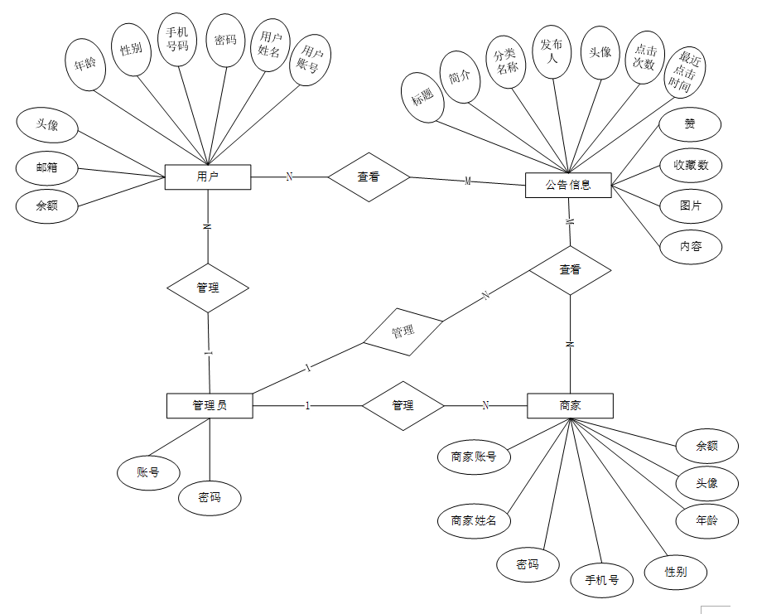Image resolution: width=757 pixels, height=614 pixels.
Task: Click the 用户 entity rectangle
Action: (x=207, y=176)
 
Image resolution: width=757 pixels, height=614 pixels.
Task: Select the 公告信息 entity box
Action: (x=568, y=185)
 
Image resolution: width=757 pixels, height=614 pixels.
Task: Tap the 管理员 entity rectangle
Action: (x=210, y=405)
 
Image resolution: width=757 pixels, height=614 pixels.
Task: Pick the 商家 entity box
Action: (x=570, y=405)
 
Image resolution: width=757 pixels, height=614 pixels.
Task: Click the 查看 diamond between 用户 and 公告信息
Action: (x=369, y=176)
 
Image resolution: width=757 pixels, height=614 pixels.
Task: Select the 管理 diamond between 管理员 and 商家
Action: (x=403, y=405)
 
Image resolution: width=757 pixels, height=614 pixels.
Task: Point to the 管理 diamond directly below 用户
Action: (x=208, y=288)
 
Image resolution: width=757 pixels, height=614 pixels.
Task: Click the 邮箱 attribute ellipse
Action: (x=47, y=167)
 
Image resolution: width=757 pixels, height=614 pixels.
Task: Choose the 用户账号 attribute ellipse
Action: (x=310, y=60)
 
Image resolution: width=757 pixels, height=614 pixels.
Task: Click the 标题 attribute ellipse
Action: (x=422, y=98)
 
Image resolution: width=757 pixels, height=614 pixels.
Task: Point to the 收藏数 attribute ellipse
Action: (x=690, y=165)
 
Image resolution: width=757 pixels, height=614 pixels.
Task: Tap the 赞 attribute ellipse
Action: (x=690, y=125)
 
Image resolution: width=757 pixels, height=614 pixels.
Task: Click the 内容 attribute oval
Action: (x=690, y=246)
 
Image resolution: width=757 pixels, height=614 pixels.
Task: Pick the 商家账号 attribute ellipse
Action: (x=474, y=456)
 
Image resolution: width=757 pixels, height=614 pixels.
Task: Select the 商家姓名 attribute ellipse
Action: (x=474, y=520)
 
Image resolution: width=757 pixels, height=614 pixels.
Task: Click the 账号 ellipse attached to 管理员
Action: (x=148, y=473)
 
